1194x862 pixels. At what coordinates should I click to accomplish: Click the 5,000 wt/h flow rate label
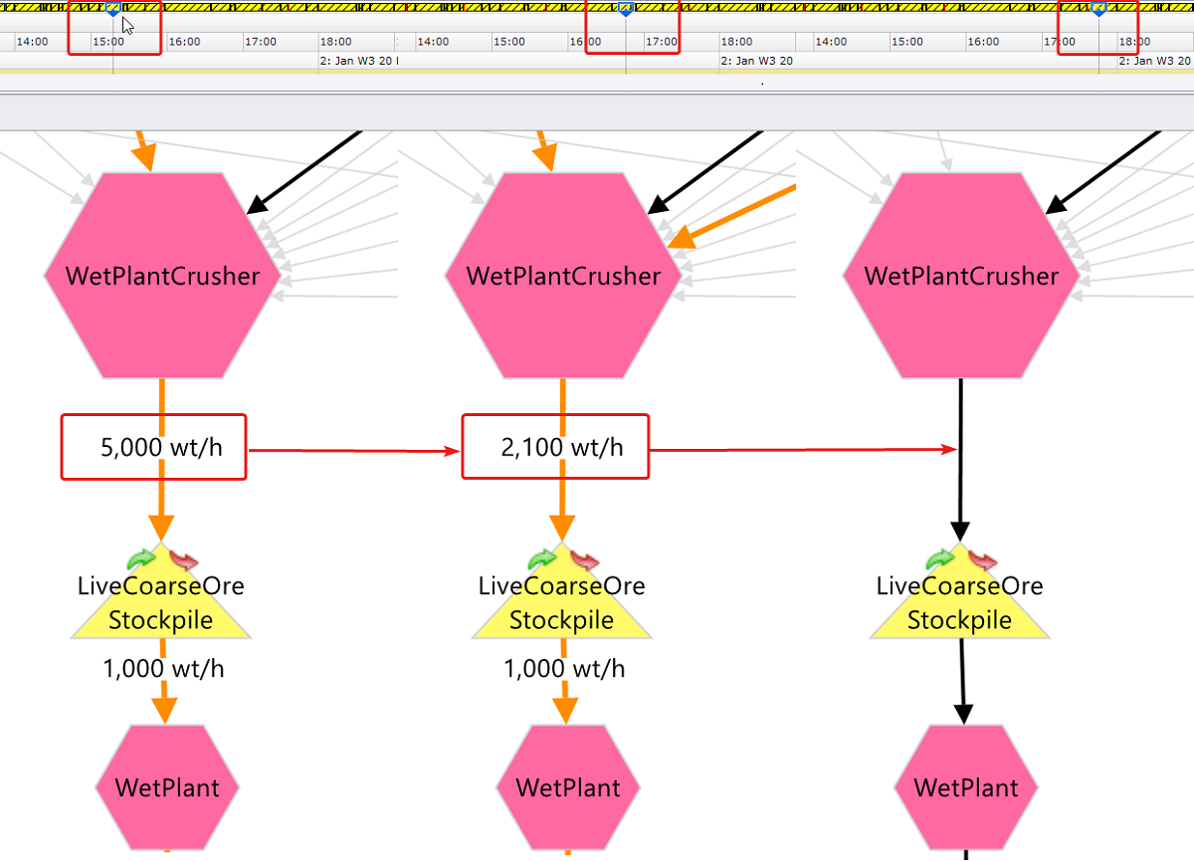161,448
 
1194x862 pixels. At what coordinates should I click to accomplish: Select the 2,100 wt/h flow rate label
562,448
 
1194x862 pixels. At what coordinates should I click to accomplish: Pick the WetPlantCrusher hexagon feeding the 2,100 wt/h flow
563,276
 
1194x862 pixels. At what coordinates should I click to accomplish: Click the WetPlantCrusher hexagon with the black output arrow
961,276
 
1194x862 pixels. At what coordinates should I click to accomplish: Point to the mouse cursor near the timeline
128,25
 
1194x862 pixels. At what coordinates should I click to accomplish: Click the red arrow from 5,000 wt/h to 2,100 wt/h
353,451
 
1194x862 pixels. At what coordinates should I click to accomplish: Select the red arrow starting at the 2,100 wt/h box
801,450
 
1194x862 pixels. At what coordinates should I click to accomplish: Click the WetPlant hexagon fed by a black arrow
965,787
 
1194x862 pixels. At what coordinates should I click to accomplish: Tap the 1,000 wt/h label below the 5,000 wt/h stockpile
163,669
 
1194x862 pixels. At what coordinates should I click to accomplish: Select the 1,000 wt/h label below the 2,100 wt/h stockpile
565,669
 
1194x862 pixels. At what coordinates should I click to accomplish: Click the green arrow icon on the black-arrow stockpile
940,558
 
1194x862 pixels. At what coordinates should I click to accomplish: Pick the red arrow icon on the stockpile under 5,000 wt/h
184,559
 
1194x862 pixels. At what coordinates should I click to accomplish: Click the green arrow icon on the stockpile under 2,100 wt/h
542,558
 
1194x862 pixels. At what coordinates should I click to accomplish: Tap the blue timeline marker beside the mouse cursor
112,9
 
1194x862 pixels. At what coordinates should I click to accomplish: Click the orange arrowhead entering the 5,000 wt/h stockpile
161,527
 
